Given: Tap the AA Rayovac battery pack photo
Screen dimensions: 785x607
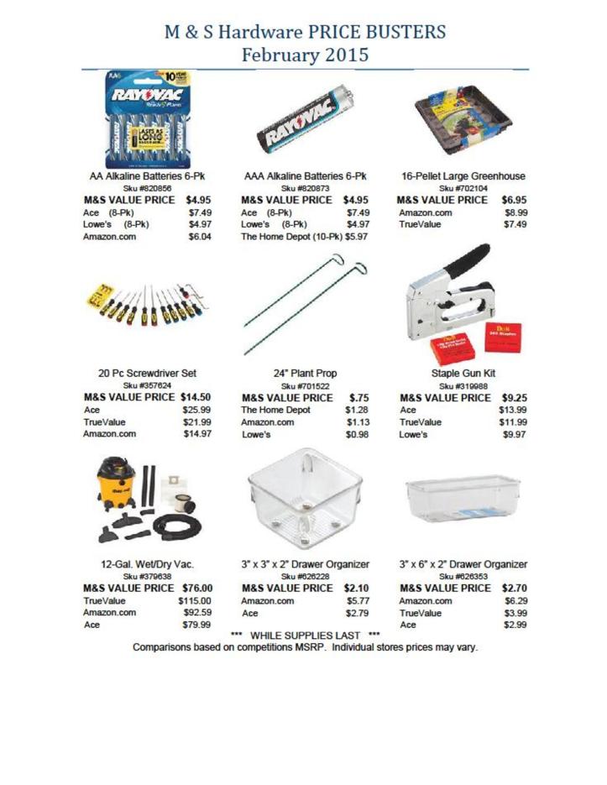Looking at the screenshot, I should (148, 118).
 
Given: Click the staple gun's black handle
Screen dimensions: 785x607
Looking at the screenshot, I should (465, 264).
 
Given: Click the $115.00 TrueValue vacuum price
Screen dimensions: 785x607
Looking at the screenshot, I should (194, 601).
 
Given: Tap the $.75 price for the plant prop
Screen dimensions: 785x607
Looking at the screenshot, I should (359, 397).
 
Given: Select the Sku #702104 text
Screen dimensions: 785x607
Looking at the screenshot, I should (463, 189).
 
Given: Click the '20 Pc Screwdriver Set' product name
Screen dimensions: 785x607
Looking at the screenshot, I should (148, 373).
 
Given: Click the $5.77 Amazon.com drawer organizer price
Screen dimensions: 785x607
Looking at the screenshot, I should (358, 601).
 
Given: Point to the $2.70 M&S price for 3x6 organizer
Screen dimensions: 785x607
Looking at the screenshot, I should (514, 588).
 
